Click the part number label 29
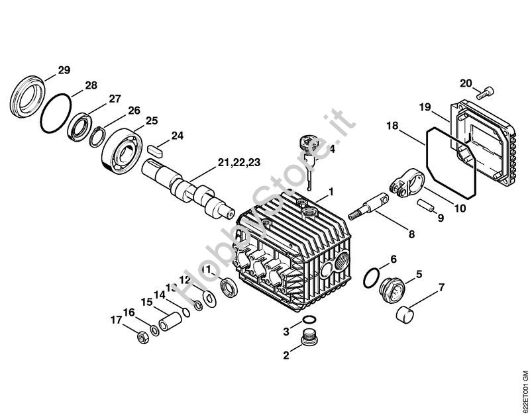[64, 70]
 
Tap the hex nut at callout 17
[141, 338]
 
